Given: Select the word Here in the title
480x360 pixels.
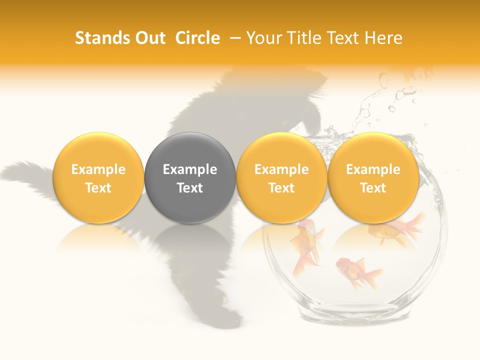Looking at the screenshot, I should (383, 38).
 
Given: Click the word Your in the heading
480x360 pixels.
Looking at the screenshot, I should (263, 38).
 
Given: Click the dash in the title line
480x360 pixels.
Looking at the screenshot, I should (233, 38).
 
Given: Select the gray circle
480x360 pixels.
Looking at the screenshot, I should (190, 177).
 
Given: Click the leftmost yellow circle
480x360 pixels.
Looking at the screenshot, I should (98, 177).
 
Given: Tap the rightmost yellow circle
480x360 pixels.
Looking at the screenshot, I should (373, 177).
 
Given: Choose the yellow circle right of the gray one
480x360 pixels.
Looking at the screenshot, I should (281, 177).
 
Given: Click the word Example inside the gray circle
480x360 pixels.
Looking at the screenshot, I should (190, 169).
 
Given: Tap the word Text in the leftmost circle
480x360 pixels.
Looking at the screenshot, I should (98, 187).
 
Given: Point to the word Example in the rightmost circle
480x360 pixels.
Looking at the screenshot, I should (373, 169).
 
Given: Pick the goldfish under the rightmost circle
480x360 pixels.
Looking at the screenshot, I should (395, 230).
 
